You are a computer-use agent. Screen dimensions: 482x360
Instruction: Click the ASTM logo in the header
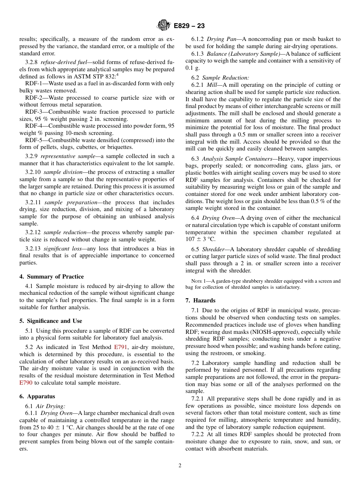click(x=164, y=25)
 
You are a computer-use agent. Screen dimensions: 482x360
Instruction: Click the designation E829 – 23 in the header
click(x=189, y=26)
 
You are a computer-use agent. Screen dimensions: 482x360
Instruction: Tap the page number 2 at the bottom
click(x=180, y=466)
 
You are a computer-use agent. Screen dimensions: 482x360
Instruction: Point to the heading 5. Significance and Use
click(x=51, y=321)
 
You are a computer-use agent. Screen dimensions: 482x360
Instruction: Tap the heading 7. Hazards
click(x=200, y=300)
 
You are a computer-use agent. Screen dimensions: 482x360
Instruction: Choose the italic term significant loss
click(x=61, y=249)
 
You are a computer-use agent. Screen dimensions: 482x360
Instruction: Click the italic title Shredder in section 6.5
click(x=213, y=249)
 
